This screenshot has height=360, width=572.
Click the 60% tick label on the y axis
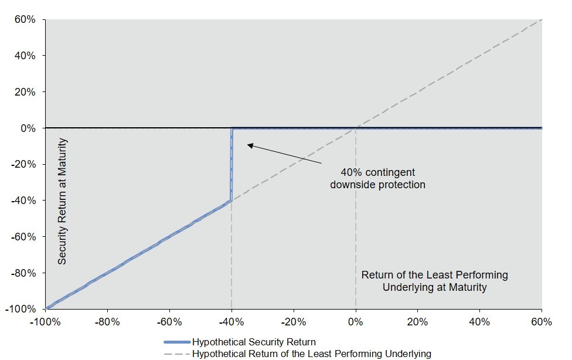(x=25, y=19)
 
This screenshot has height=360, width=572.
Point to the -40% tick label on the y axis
(x=23, y=201)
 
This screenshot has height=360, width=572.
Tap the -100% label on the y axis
(x=21, y=309)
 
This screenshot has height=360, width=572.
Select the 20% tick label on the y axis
(x=25, y=91)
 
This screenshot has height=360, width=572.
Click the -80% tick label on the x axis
(x=107, y=322)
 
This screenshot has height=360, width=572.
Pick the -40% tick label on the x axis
(x=231, y=322)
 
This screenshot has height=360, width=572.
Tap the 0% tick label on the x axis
(x=355, y=322)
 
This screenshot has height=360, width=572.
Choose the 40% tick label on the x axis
(x=479, y=322)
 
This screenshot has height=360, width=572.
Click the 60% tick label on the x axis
(x=542, y=322)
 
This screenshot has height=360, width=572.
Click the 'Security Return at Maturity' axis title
(x=62, y=201)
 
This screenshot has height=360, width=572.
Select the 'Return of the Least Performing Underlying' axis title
(x=434, y=281)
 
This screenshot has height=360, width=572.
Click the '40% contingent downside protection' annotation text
(x=377, y=178)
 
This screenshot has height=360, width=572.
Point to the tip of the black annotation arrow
(x=248, y=145)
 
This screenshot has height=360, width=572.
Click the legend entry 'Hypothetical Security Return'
(x=254, y=342)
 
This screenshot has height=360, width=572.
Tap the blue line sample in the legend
(x=178, y=342)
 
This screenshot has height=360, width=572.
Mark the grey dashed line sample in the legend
(x=178, y=354)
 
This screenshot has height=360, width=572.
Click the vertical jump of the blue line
(x=231, y=164)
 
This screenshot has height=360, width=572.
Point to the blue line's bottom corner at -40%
(x=231, y=201)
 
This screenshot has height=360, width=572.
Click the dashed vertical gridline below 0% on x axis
(x=356, y=218)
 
